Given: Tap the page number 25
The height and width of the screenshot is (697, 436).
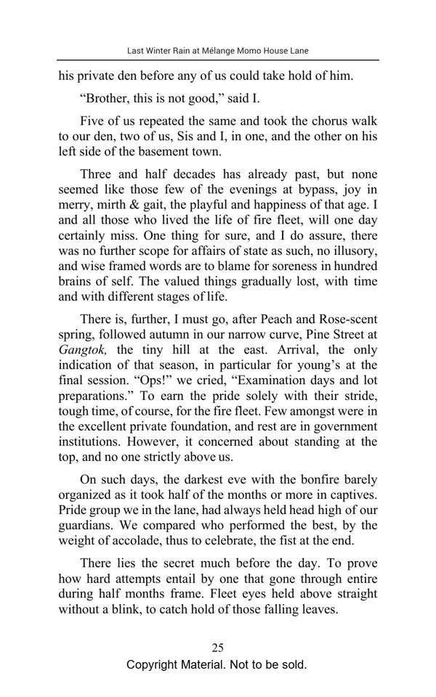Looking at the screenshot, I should click(217, 648).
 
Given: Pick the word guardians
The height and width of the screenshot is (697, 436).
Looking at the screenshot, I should click(87, 525).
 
